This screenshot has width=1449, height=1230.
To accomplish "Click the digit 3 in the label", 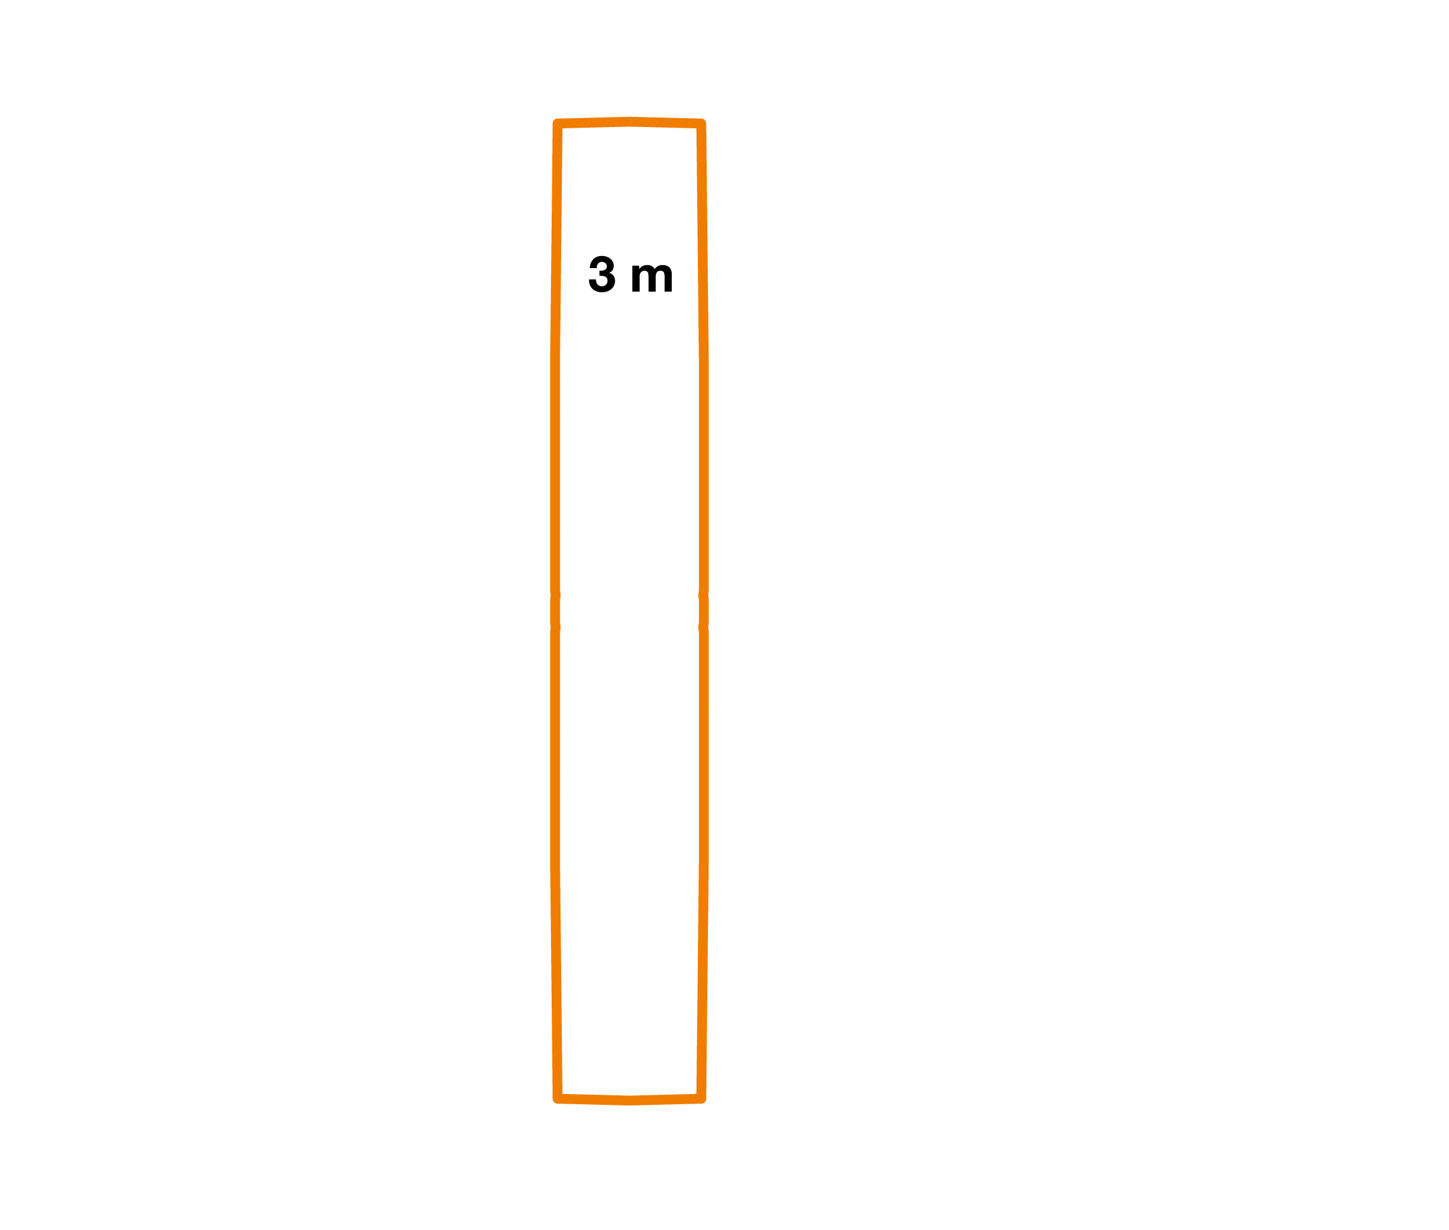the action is click(x=602, y=274).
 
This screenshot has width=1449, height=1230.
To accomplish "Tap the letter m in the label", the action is click(x=651, y=278).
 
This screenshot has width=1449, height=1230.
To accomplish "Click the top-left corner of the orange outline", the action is click(x=557, y=124).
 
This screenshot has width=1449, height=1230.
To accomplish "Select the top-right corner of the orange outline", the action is click(x=702, y=124).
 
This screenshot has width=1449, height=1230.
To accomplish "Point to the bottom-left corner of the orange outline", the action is click(x=557, y=1099).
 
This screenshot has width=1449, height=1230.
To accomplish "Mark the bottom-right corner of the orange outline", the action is click(x=702, y=1099).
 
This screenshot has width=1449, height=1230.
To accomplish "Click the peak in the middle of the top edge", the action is click(x=630, y=122).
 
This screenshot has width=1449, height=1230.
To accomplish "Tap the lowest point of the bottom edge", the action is click(x=630, y=1101).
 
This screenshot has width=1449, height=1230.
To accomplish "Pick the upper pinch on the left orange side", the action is click(x=555, y=595).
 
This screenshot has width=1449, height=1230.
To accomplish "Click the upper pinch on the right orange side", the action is click(x=704, y=595).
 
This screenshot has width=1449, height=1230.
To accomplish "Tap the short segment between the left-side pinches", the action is click(x=555, y=611).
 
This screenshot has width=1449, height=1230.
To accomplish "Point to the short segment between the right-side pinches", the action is click(x=704, y=611).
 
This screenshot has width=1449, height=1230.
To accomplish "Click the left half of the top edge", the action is click(x=594, y=123).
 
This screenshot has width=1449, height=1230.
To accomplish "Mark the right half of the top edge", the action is click(x=666, y=123).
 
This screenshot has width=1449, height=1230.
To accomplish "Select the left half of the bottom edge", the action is click(x=594, y=1100).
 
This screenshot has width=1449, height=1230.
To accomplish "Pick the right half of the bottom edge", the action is click(x=666, y=1100).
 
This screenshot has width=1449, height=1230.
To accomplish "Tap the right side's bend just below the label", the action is click(x=704, y=362).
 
